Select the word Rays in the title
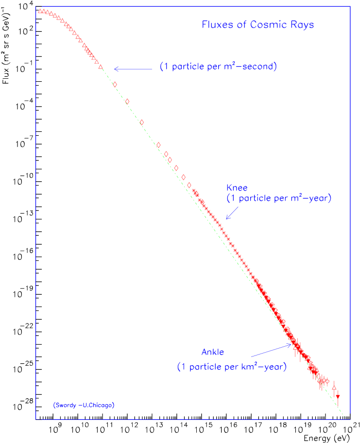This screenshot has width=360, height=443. click(x=303, y=25)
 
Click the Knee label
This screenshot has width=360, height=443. click(x=237, y=188)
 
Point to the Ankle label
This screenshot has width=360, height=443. click(x=213, y=352)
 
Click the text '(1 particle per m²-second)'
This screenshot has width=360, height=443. click(x=219, y=67)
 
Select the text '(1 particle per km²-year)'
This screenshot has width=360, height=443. click(x=232, y=367)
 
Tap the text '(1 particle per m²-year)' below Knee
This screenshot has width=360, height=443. click(x=279, y=198)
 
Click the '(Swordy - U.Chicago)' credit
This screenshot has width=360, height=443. click(x=84, y=405)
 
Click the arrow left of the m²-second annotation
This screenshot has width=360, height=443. click(x=133, y=69)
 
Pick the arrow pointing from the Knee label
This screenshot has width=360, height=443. click(x=232, y=213)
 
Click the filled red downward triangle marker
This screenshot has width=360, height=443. click(x=338, y=397)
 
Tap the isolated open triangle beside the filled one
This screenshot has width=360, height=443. click(x=334, y=387)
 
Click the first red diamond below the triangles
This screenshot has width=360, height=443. click(x=115, y=84)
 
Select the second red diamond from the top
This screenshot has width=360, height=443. click(x=127, y=101)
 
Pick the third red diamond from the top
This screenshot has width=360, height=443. click(x=142, y=122)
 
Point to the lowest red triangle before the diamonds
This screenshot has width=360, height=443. click(x=101, y=67)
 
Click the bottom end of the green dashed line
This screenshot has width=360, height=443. click(x=344, y=417)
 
